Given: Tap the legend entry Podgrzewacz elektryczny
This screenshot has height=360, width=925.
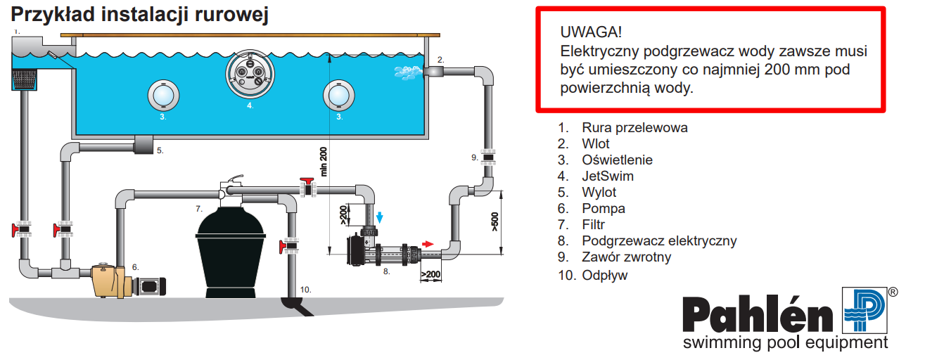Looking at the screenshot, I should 659,241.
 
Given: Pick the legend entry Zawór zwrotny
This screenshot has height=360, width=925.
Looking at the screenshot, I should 626,257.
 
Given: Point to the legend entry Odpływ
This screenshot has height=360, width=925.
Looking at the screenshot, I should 604,275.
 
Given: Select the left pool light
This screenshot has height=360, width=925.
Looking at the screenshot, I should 162,96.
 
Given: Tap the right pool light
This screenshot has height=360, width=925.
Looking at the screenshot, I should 339,96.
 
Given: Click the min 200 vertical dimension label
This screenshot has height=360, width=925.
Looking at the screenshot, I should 324,162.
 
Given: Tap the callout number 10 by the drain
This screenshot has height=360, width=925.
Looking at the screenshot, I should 305,289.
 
